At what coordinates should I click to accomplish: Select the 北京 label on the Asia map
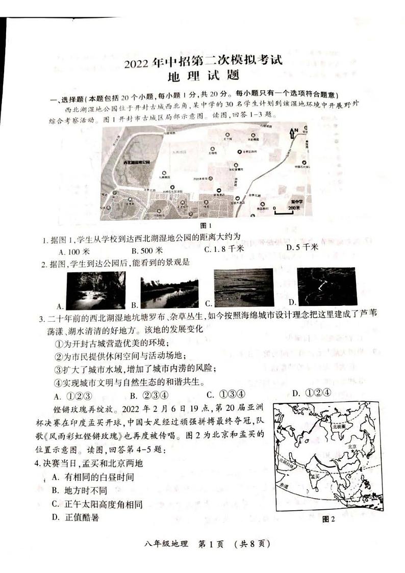pyautogui.click(x=351, y=446)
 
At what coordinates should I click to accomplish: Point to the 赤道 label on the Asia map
pyautogui.click(x=281, y=486)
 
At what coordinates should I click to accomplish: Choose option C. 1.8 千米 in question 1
pyautogui.click(x=224, y=249)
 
